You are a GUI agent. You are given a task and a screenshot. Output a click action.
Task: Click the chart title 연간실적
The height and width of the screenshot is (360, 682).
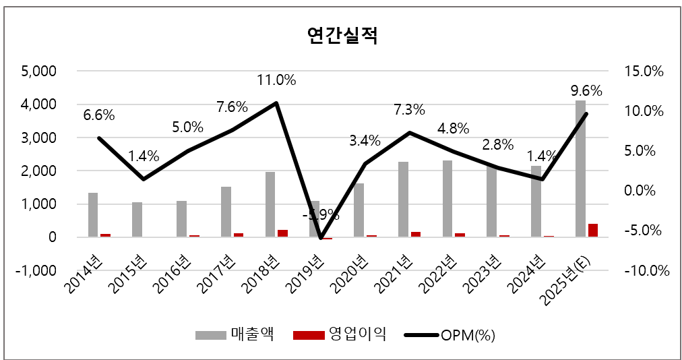pyautogui.click(x=342, y=35)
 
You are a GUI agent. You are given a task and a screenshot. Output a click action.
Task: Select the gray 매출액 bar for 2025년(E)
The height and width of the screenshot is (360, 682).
pyautogui.click(x=580, y=169)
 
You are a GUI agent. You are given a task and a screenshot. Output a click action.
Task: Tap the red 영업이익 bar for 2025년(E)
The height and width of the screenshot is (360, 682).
pyautogui.click(x=593, y=230)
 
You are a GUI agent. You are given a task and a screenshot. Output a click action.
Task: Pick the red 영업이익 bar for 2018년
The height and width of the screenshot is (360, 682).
pyautogui.click(x=283, y=233)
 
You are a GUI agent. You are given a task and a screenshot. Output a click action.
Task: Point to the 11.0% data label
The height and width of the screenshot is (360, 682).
pyautogui.click(x=276, y=80)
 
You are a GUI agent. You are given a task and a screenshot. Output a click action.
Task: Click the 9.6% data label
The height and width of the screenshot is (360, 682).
pyautogui.click(x=586, y=91)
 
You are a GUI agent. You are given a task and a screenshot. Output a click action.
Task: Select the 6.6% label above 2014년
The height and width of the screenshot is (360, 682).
pyautogui.click(x=99, y=115)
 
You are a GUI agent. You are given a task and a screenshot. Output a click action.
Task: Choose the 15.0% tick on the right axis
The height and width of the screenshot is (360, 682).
pyautogui.click(x=646, y=71)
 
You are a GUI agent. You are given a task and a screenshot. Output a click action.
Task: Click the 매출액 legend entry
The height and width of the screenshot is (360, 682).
pyautogui.click(x=235, y=334)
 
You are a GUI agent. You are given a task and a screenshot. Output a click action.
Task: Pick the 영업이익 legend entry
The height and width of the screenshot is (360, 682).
pyautogui.click(x=341, y=334)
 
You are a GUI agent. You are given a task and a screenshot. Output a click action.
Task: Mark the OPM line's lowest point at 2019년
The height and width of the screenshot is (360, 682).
pyautogui.click(x=321, y=237)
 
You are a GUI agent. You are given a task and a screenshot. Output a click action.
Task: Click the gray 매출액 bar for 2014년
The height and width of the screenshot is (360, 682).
pyautogui.click(x=93, y=215)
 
